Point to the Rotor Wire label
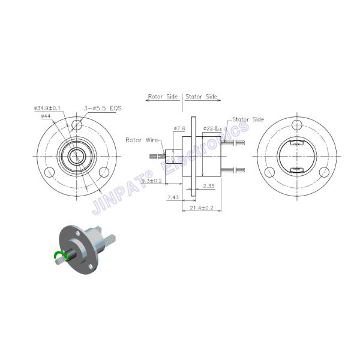(x=141, y=140)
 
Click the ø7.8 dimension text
(x=179, y=128)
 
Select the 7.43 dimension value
(x=173, y=197)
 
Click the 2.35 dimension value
(x=209, y=187)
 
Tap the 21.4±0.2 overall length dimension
(x=201, y=207)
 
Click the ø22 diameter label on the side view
(x=211, y=128)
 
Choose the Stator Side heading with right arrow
(x=202, y=95)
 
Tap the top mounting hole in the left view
(x=76, y=126)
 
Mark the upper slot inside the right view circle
(x=296, y=144)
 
